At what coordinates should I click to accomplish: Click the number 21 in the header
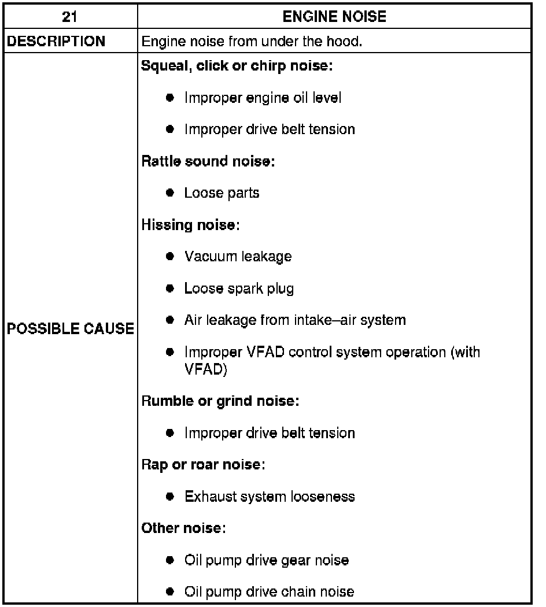[x=69, y=17]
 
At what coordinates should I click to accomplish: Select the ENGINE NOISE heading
[x=334, y=17]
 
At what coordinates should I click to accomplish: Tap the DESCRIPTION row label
[x=57, y=42]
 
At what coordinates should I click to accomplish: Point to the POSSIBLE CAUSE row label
[x=70, y=329]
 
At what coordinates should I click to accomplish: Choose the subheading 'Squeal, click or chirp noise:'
[x=237, y=66]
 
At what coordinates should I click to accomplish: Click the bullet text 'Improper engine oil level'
[x=263, y=98]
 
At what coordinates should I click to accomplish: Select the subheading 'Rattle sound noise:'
[x=208, y=161]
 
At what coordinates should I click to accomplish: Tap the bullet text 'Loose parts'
[x=222, y=193]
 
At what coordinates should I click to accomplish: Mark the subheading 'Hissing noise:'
[x=190, y=224]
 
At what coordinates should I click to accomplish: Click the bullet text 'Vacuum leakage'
[x=238, y=256]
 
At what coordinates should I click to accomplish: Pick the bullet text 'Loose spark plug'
[x=239, y=288]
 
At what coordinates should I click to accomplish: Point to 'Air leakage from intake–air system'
[x=295, y=320]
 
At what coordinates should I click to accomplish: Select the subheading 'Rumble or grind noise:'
[x=220, y=401]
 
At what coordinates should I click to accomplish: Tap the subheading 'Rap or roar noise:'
[x=204, y=464]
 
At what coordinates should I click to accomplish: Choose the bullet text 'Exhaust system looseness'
[x=270, y=496]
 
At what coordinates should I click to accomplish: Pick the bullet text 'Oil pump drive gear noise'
[x=267, y=560]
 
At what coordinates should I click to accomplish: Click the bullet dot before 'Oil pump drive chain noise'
[x=170, y=591]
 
